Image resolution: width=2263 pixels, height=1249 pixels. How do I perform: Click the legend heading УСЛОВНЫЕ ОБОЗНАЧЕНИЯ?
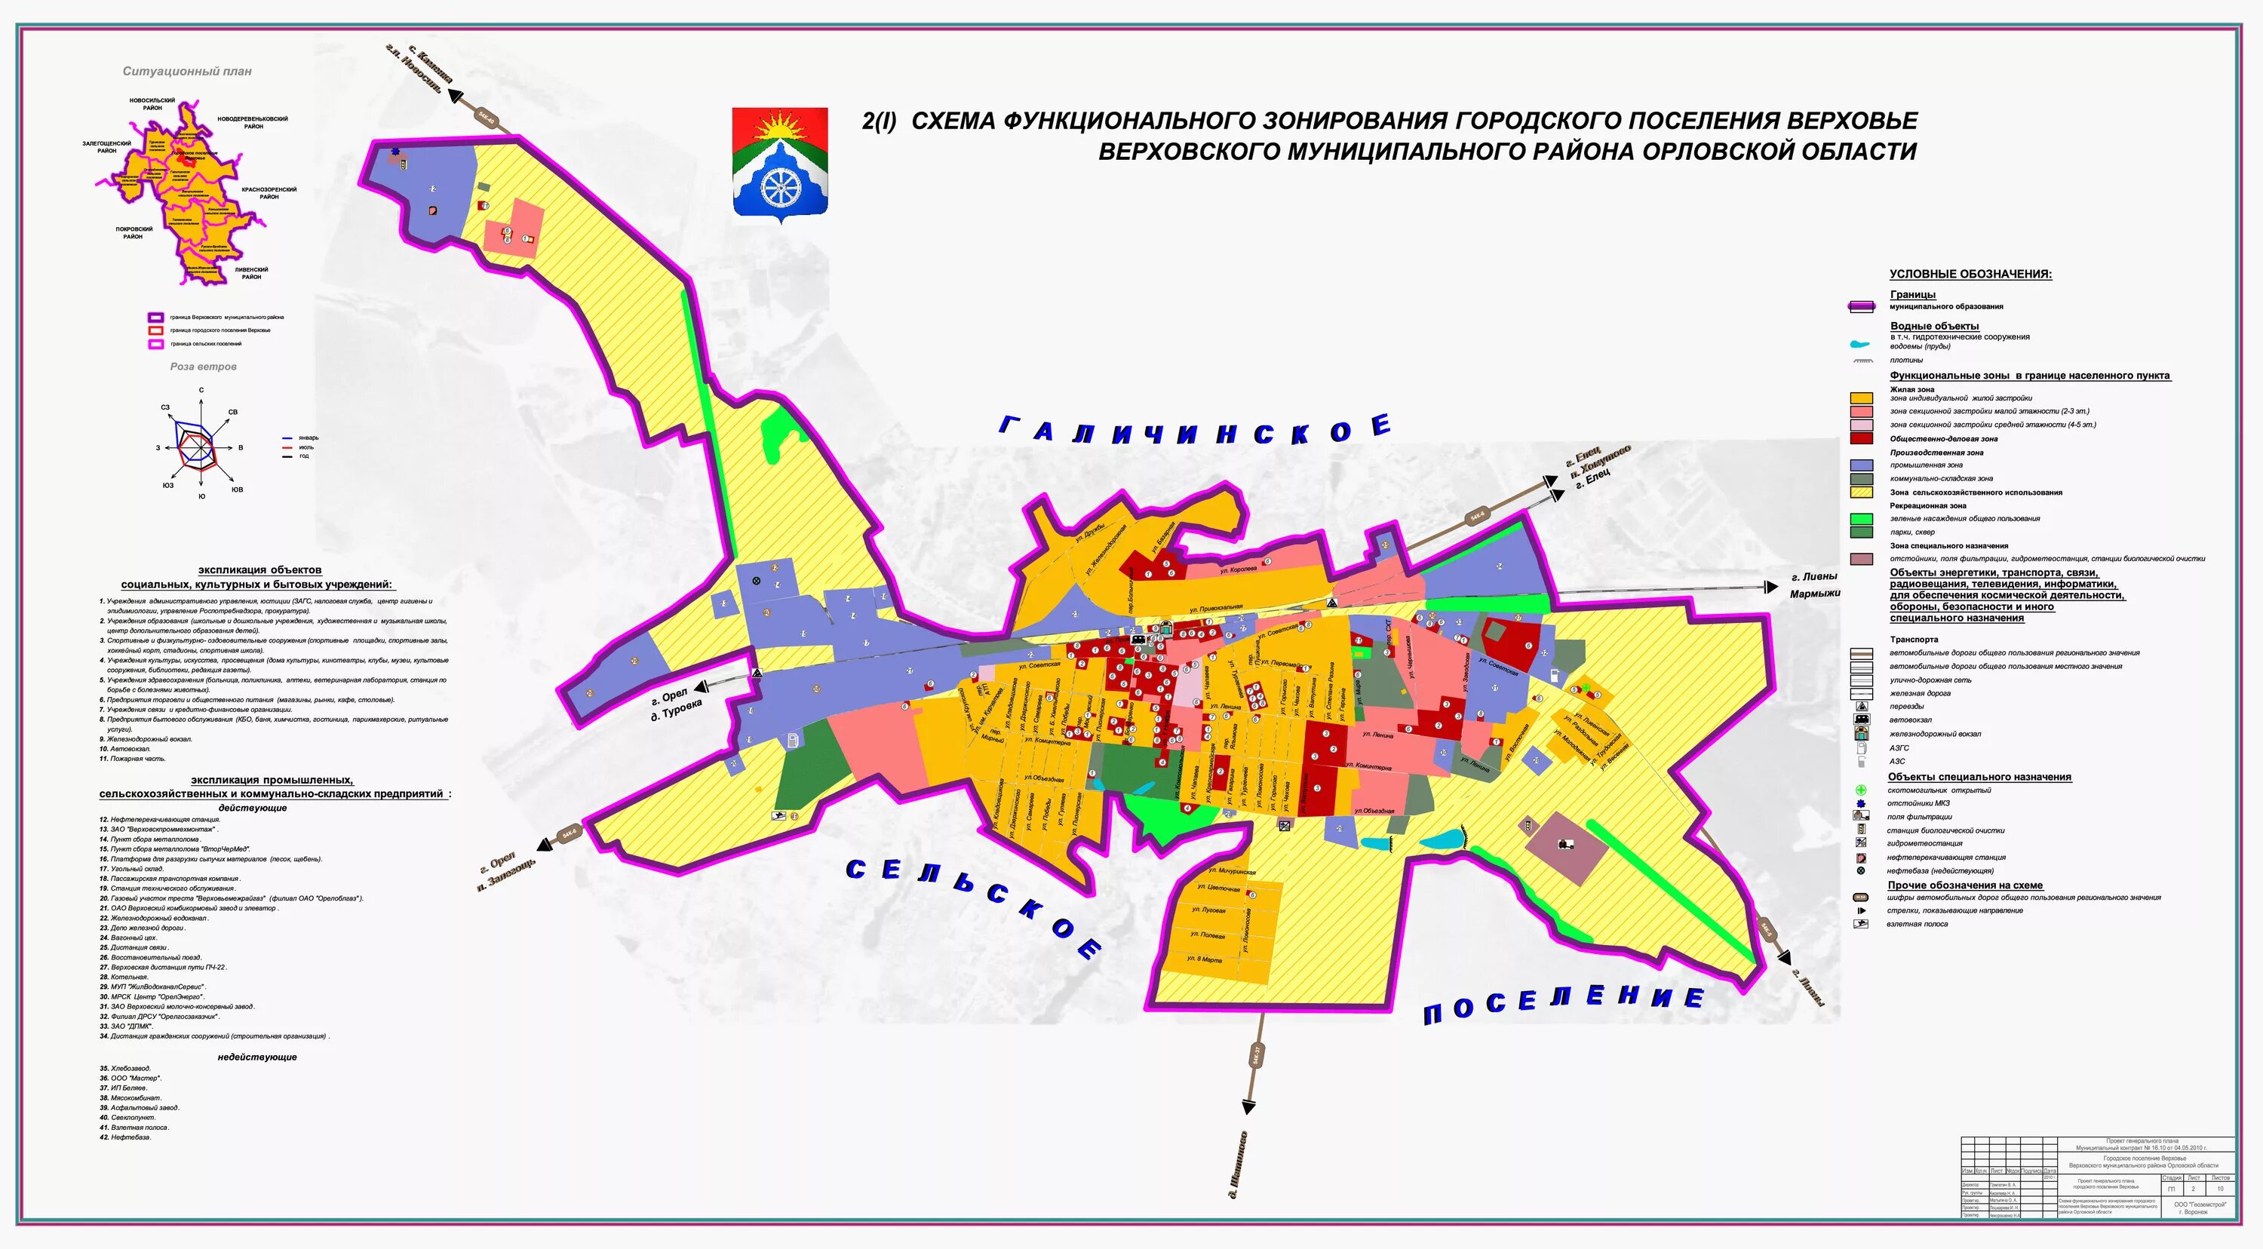click(x=1970, y=274)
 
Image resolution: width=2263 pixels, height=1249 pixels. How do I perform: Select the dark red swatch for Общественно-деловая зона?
click(x=1862, y=438)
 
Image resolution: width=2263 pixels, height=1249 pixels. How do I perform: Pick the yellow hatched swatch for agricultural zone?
click(x=1862, y=493)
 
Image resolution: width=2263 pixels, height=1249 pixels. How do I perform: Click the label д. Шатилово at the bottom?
click(x=1238, y=1164)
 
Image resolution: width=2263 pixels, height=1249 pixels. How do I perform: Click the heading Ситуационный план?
click(x=187, y=71)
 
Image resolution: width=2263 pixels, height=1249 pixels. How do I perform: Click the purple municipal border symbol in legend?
click(x=1862, y=306)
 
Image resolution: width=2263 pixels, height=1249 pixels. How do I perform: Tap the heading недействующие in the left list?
click(x=257, y=1057)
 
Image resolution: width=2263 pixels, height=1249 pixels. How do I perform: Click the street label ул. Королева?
click(x=1238, y=570)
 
